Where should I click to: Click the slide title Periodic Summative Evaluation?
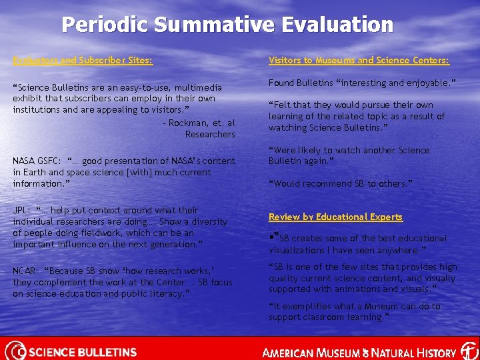point(227,25)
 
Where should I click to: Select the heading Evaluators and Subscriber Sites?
point(83,61)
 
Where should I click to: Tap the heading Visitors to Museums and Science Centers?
point(359,61)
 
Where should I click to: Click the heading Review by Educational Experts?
point(335,217)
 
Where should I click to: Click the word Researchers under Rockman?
point(210,135)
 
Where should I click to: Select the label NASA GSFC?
point(35,161)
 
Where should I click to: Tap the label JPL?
point(22,210)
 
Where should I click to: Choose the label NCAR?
point(25,271)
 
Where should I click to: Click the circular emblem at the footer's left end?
point(15,350)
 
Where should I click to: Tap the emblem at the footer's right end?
point(469,351)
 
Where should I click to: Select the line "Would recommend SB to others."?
point(340,183)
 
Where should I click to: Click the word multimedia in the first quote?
point(199,87)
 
